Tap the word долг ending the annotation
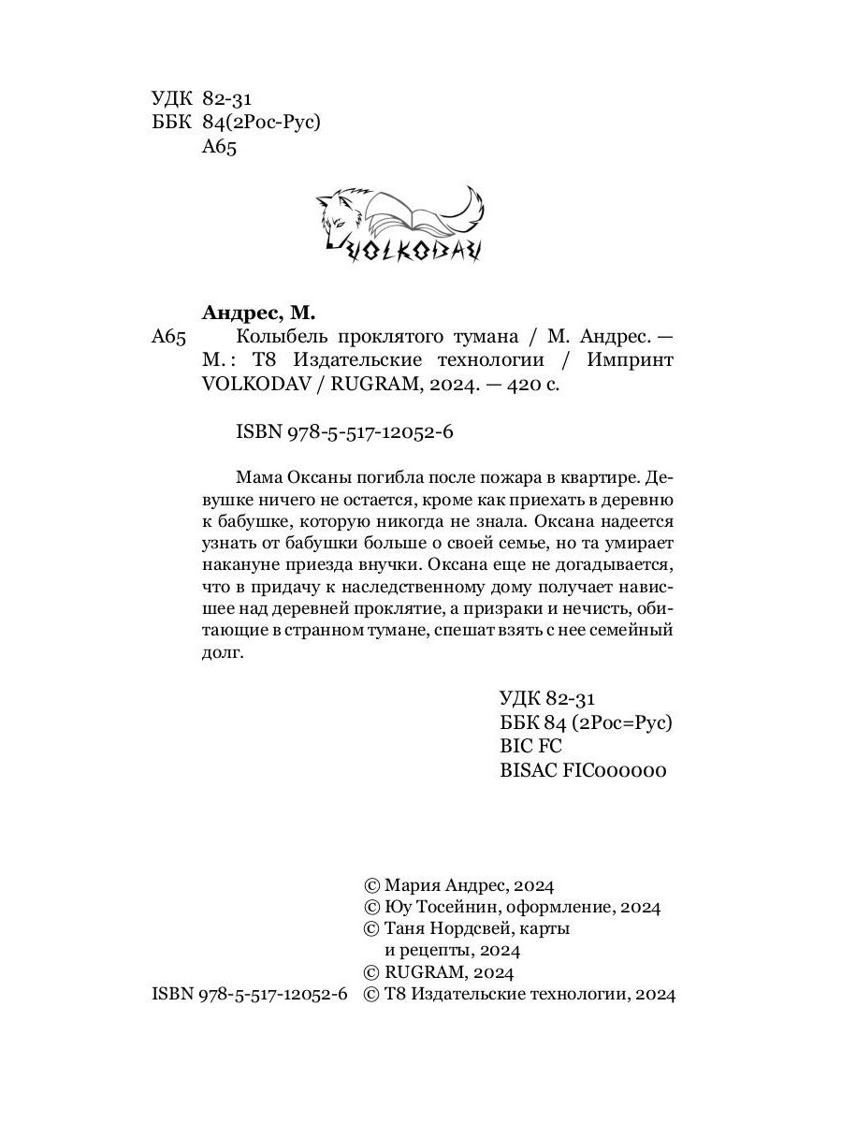pyautogui.click(x=222, y=654)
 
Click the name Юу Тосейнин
pyautogui.click(x=435, y=907)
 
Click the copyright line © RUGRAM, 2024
pyautogui.click(x=438, y=972)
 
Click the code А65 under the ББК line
pyautogui.click(x=220, y=147)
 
